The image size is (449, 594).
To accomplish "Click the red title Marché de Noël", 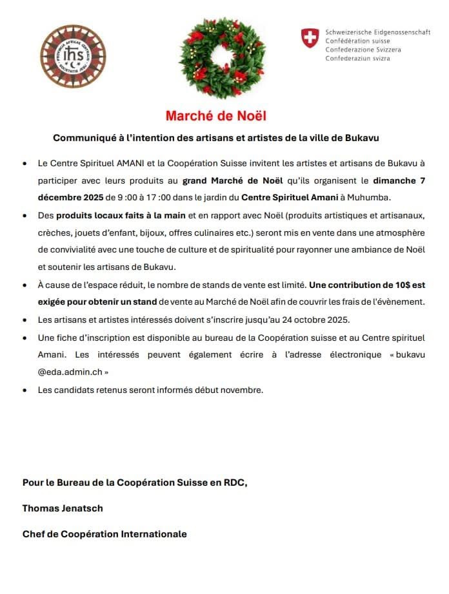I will tap(215, 116).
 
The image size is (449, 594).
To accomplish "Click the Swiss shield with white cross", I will tap(310, 38).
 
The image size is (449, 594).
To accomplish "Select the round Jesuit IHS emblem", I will tap(73, 56).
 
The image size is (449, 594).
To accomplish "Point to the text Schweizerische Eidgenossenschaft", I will tap(378, 32).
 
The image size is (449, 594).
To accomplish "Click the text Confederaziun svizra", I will tap(358, 59).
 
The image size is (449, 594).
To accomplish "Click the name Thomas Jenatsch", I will tap(63, 508).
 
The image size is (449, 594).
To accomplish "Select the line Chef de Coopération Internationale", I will tap(105, 534).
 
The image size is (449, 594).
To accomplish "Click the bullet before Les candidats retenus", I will tap(25, 390).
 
